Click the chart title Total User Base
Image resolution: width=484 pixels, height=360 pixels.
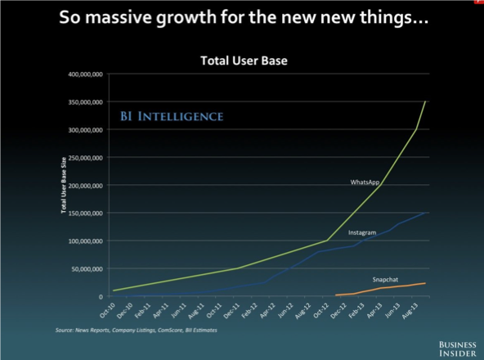tap(244, 61)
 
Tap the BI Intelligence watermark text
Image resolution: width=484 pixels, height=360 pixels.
tap(171, 117)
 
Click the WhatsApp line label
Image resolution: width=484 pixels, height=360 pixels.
tap(365, 182)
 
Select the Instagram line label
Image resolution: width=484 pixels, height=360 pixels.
tap(362, 232)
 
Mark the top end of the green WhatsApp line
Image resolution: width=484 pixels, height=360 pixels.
tap(425, 101)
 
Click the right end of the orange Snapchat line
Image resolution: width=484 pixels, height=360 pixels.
tap(425, 283)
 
